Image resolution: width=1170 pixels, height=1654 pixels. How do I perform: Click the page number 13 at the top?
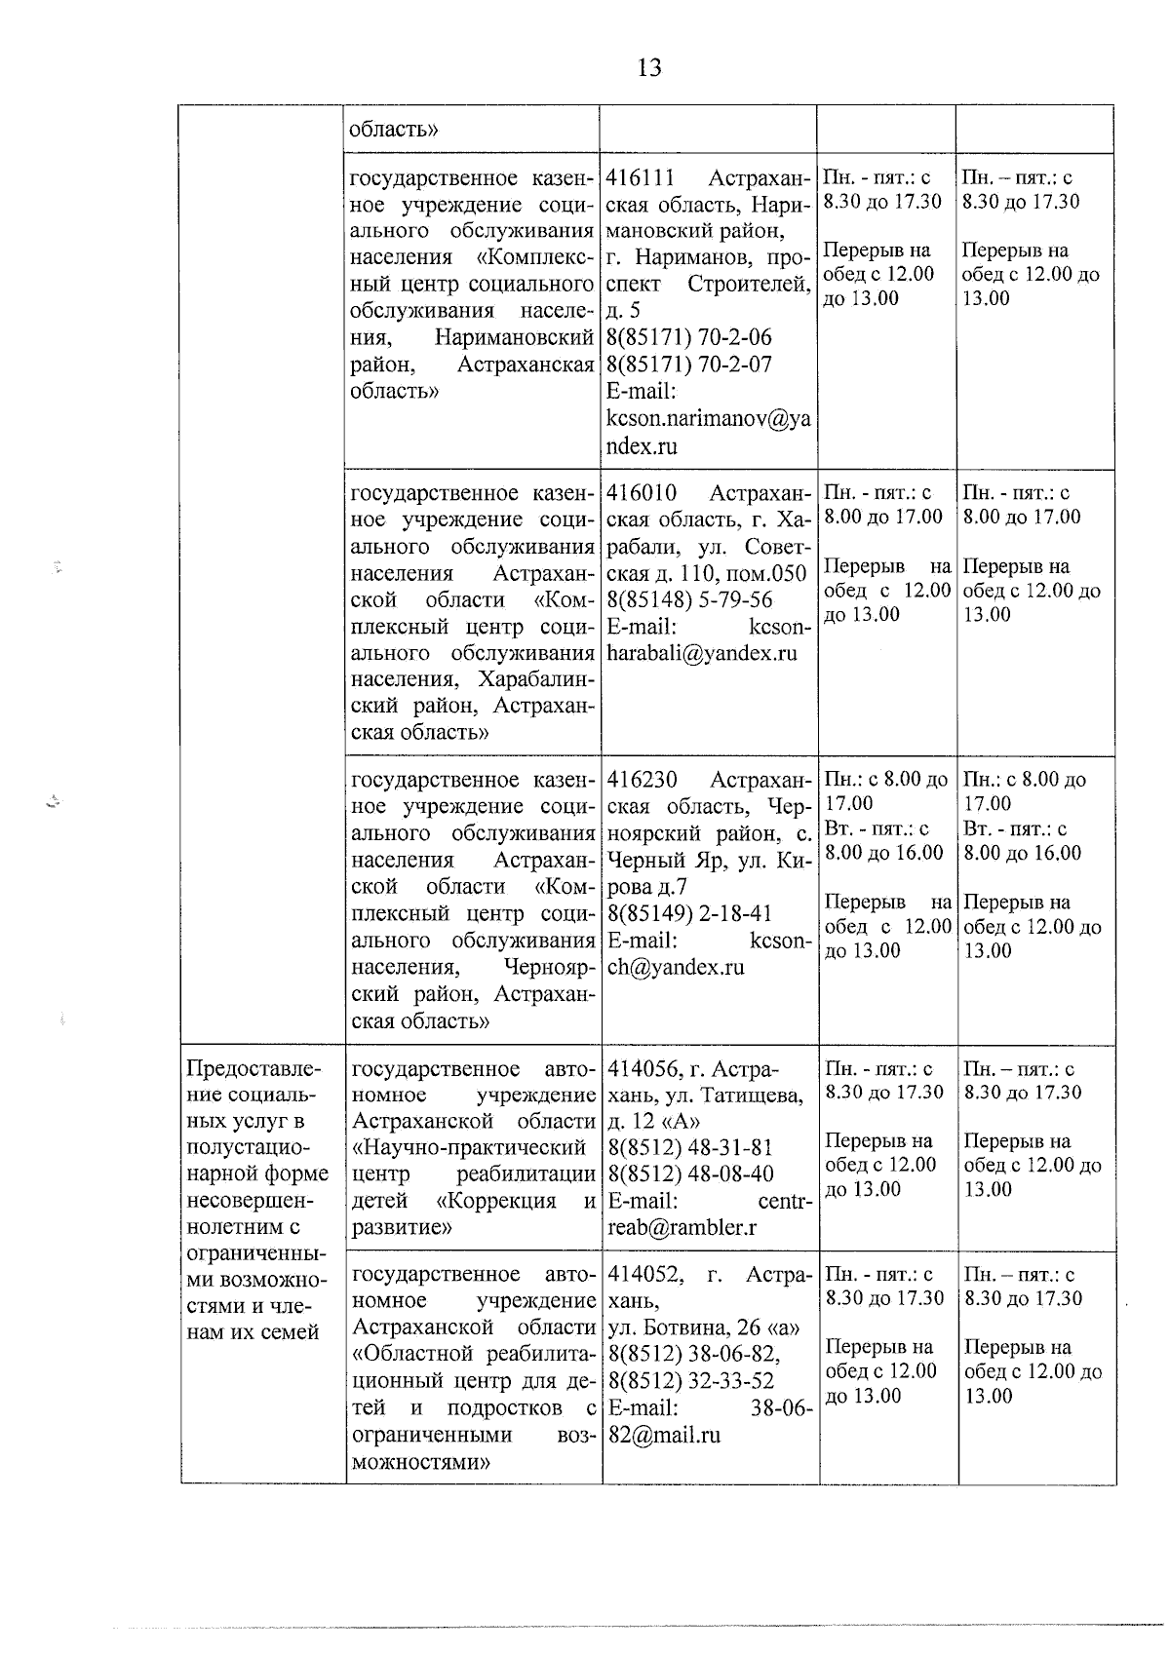pos(649,67)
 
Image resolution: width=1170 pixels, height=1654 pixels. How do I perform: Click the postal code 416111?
pos(642,178)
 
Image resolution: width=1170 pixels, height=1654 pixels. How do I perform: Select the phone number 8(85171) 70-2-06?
pos(688,338)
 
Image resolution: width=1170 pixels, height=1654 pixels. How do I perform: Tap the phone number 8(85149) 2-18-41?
pos(688,914)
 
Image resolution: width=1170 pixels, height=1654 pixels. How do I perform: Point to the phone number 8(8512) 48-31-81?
pos(690,1146)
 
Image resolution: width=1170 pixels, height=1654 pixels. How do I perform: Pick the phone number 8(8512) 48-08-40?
pos(690,1173)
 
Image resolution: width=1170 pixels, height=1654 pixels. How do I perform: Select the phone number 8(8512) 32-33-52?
pos(690,1381)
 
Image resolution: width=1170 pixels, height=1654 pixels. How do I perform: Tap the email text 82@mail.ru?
pos(663,1436)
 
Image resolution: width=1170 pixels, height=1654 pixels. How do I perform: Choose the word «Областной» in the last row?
pos(409,1354)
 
